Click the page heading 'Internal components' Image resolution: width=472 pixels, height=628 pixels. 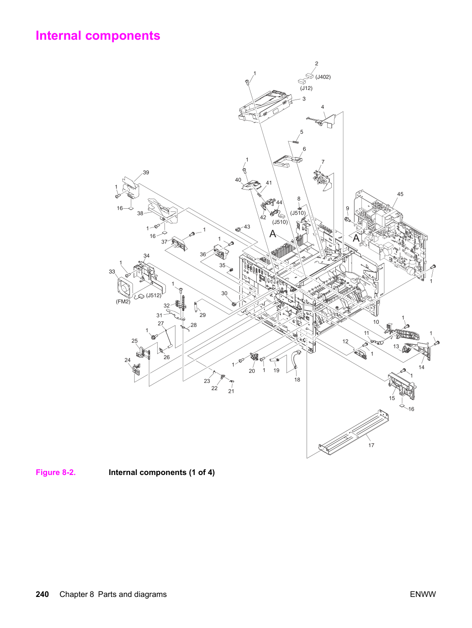pos(98,36)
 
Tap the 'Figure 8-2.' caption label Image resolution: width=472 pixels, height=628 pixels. pos(56,472)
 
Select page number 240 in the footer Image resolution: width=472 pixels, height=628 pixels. pos(42,594)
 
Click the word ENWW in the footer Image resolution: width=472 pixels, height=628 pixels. pos(423,594)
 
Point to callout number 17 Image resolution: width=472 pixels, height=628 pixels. pos(371,445)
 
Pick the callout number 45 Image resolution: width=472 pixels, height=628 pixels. pos(400,194)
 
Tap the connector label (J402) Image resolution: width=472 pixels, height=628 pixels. pos(323,77)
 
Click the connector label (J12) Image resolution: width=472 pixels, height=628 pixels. pos(306,88)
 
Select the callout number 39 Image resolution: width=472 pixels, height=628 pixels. pos(146,173)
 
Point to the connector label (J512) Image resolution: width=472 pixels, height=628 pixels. pos(154,296)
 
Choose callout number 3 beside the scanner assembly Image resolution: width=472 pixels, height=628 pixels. pos(304,99)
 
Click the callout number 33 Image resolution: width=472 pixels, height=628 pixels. pos(112,271)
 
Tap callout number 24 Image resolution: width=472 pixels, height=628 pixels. pos(127,360)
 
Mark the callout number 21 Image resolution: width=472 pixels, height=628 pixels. pos(231,391)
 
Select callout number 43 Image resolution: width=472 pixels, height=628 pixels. pos(247,227)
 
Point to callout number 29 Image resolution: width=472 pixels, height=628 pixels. pos(203,315)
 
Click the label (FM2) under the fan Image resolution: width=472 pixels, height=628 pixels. pos(123,301)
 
